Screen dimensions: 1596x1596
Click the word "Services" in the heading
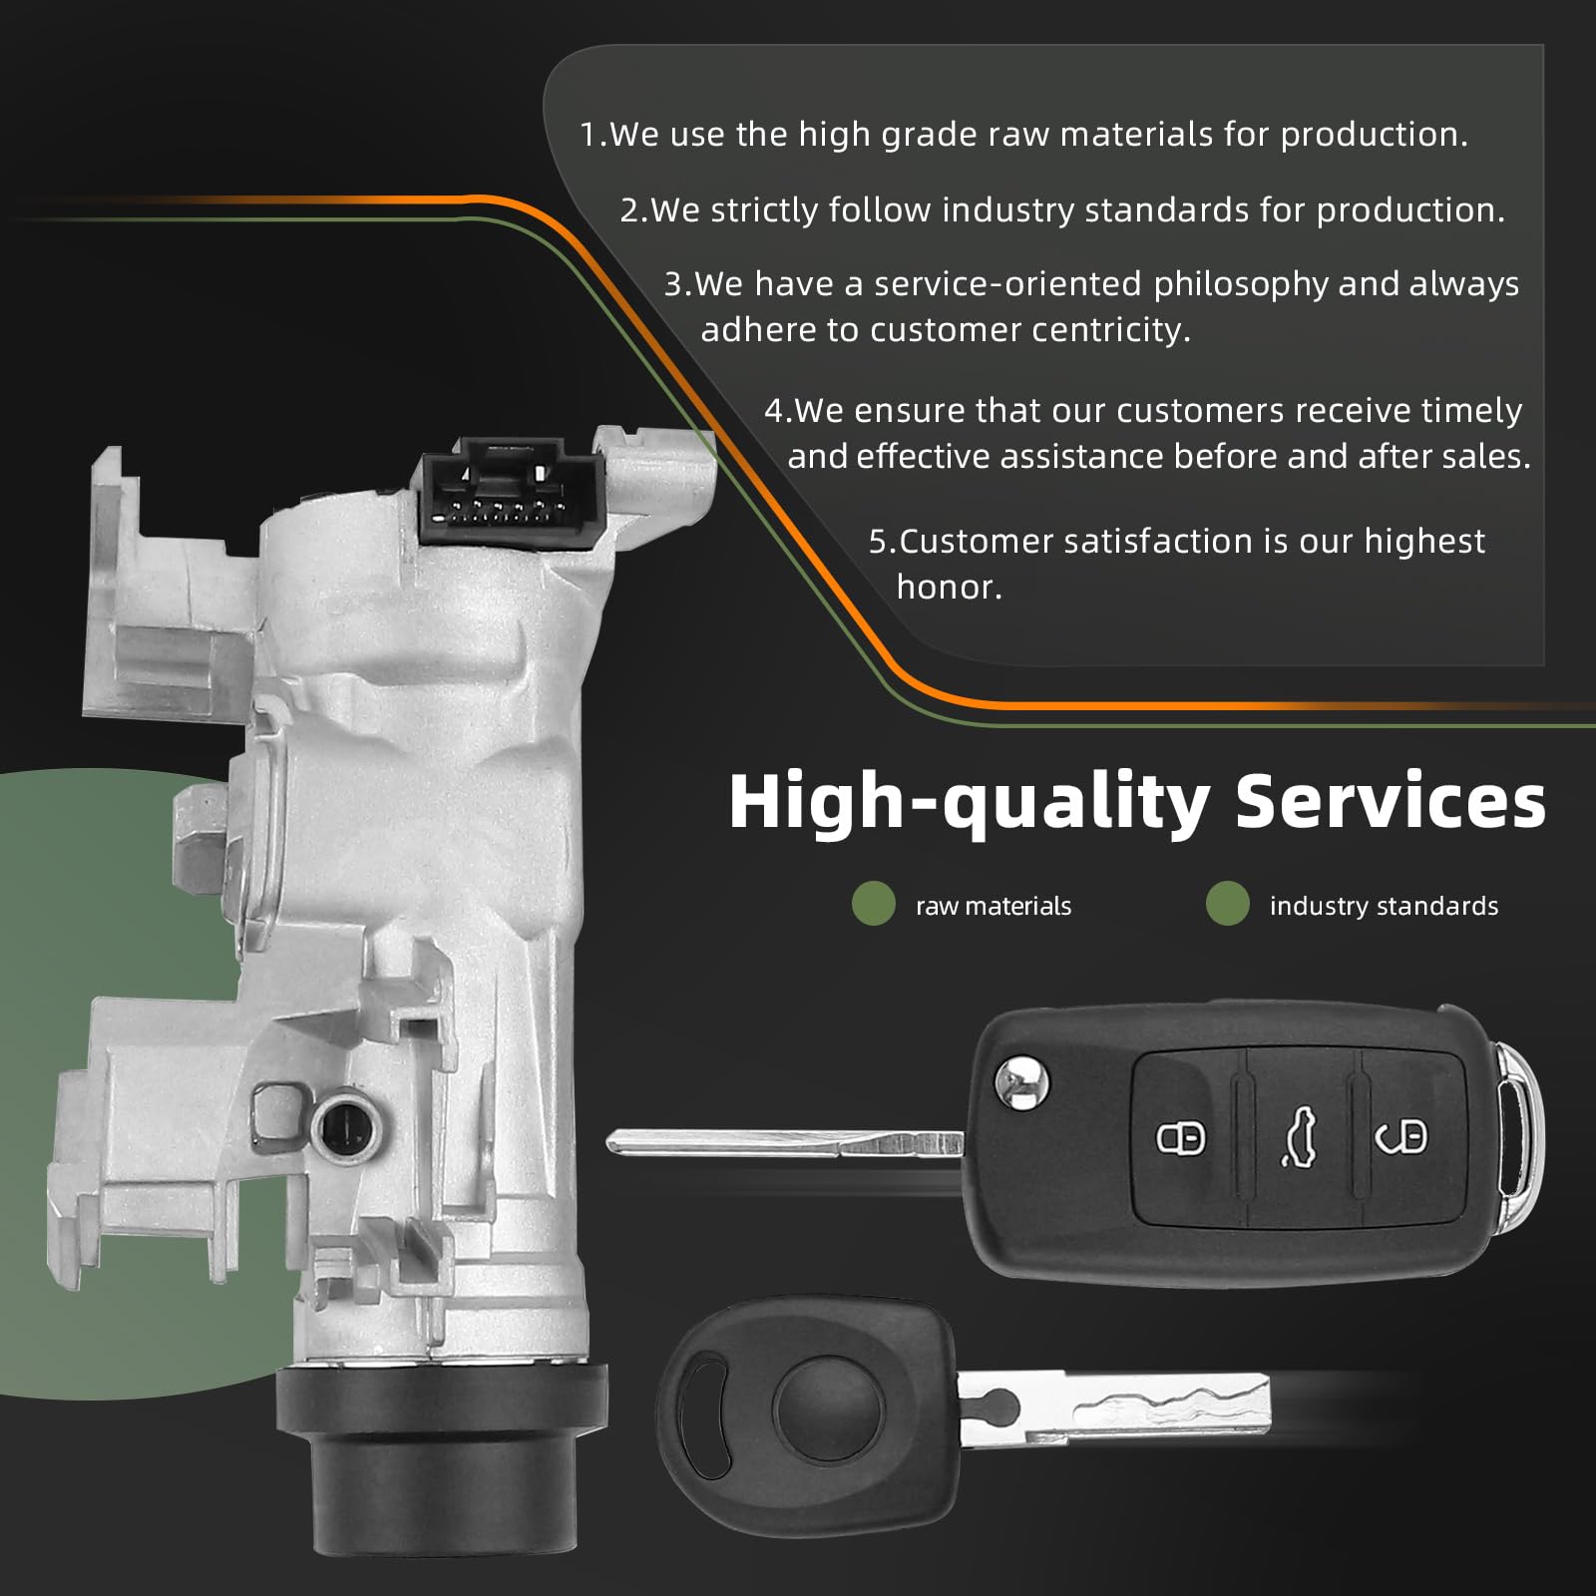click(x=1391, y=801)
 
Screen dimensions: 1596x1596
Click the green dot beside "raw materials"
click(x=874, y=904)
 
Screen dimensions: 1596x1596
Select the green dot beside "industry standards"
click(x=1227, y=904)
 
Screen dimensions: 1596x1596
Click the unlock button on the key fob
click(x=1400, y=1136)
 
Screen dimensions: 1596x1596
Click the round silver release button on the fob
click(x=1024, y=1082)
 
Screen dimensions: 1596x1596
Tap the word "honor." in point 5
click(x=949, y=587)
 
